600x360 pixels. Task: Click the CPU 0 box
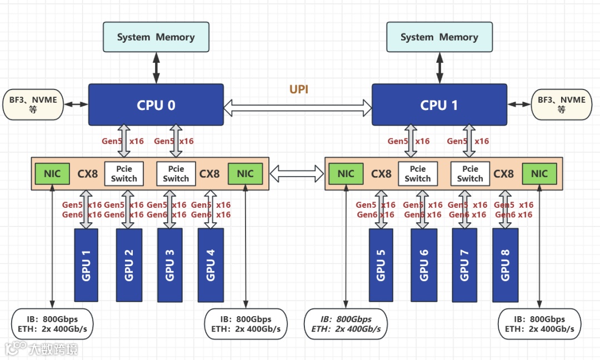156,105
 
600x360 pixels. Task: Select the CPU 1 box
439,105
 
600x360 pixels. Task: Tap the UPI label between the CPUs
299,89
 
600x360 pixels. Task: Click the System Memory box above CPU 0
156,37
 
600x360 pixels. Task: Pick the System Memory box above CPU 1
439,37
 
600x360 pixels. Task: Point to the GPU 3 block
170,265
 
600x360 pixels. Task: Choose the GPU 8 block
506,265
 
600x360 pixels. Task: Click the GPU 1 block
86,265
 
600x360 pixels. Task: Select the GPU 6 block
424,265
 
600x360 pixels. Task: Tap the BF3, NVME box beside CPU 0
33,104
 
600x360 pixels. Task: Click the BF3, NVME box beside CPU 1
562,104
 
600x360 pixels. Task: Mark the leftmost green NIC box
52,174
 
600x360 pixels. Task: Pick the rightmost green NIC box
539,174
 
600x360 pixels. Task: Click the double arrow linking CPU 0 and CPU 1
298,108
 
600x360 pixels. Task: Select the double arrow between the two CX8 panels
297,174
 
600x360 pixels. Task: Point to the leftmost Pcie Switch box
124,174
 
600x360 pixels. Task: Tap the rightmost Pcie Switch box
470,174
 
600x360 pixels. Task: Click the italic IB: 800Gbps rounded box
346,324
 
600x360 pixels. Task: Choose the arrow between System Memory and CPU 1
439,68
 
